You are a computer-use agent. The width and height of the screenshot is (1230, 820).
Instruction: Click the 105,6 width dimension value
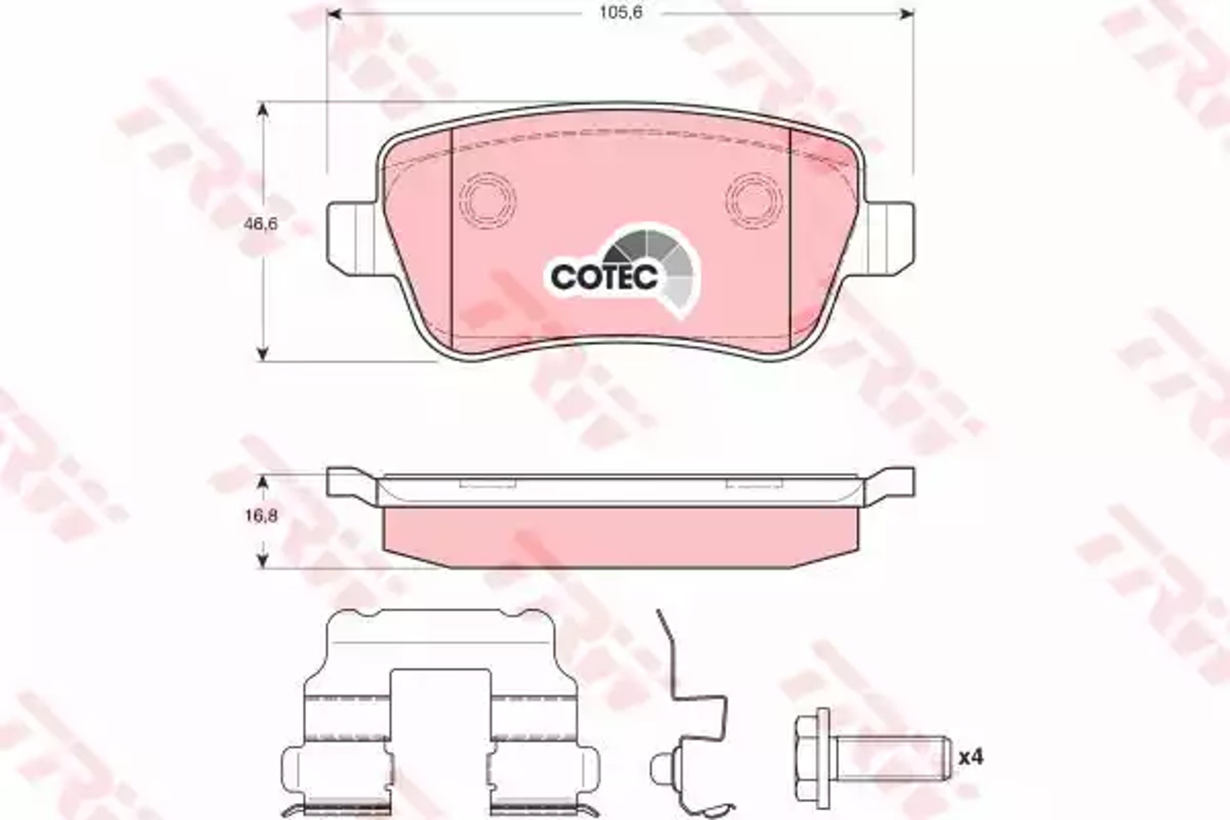(x=620, y=12)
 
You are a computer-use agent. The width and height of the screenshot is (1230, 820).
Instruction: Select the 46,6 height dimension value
(x=261, y=224)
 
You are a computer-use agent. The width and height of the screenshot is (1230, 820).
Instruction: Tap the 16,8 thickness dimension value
(x=261, y=516)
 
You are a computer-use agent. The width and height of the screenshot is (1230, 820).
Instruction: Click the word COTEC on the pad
(x=604, y=277)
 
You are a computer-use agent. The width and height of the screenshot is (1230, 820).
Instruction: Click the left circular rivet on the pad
(x=487, y=200)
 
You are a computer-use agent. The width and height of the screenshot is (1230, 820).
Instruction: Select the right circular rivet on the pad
(x=754, y=200)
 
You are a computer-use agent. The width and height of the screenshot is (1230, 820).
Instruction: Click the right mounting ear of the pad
(x=889, y=238)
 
